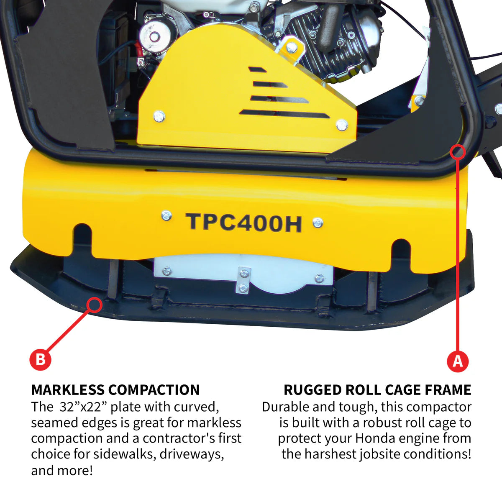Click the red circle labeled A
458,360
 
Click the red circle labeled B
41,359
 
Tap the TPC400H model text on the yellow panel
243,222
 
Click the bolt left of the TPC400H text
166,216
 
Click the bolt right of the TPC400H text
318,223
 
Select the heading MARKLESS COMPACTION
115,390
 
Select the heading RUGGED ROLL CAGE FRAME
377,390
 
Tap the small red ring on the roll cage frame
458,151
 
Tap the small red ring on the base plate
95,305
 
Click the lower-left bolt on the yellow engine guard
159,116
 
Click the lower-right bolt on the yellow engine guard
342,125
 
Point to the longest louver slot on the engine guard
284,114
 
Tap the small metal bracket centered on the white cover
243,280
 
